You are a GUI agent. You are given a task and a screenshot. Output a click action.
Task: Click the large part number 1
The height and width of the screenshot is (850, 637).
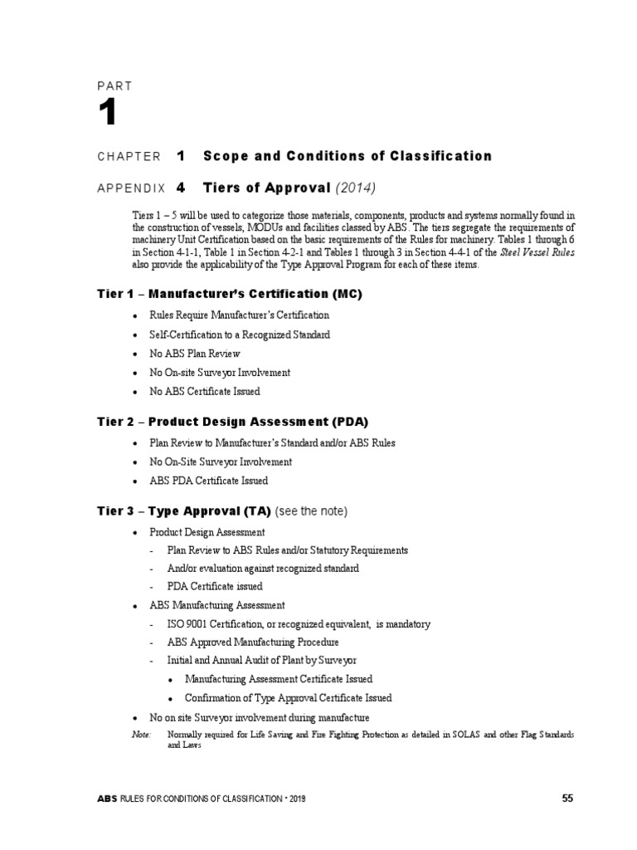pyautogui.click(x=108, y=115)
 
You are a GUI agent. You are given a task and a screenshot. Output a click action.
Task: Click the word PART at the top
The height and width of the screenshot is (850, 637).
pyautogui.click(x=114, y=85)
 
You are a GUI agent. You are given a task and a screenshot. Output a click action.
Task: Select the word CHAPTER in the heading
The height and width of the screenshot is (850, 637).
pyautogui.click(x=129, y=156)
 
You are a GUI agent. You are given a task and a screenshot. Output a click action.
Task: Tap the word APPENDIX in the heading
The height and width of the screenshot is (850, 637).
pyautogui.click(x=132, y=188)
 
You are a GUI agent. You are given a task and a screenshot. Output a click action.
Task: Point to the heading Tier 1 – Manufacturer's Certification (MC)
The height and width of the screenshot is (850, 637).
pyautogui.click(x=230, y=294)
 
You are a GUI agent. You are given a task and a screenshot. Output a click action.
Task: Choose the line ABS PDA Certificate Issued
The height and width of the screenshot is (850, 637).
pyautogui.click(x=208, y=481)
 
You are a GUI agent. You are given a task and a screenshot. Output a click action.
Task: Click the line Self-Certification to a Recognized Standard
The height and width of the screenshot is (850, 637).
pyautogui.click(x=240, y=335)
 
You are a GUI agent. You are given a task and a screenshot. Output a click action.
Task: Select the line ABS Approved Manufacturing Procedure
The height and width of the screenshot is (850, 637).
pyautogui.click(x=253, y=642)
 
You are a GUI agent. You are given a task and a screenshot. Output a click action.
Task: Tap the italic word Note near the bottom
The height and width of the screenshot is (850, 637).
pyautogui.click(x=141, y=735)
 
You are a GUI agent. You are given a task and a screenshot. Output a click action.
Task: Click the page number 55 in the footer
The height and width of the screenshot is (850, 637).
pyautogui.click(x=567, y=799)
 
